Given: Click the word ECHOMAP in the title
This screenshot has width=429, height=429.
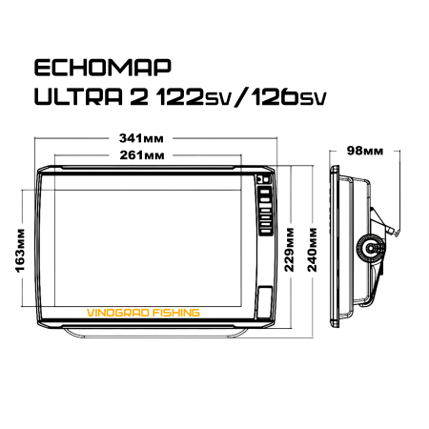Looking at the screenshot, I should coord(102,69).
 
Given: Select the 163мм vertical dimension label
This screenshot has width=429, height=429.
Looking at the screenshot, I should coord(22,250).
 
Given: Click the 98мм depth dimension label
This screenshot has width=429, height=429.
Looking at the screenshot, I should coord(366,152).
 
